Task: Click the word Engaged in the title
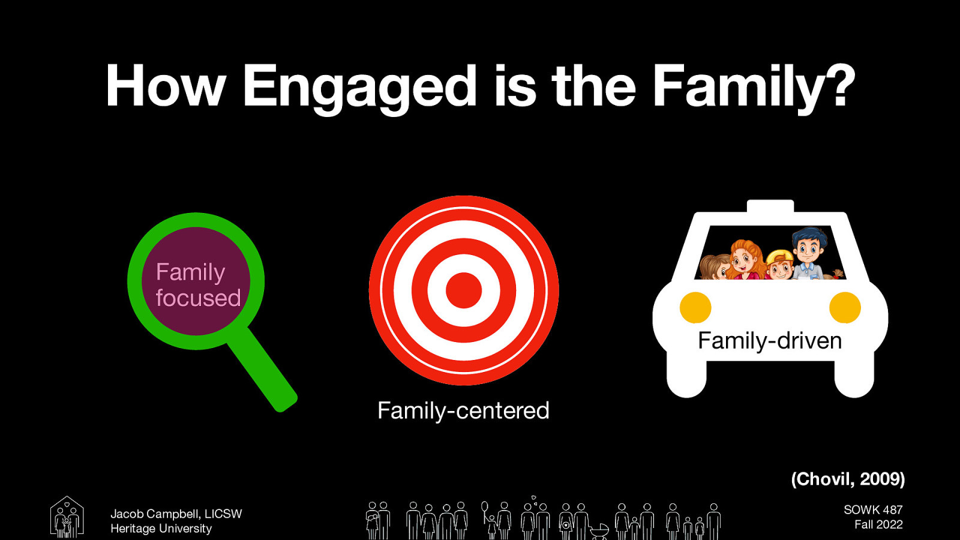(x=358, y=88)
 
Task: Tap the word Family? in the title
(x=753, y=88)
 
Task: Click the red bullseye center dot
(x=464, y=290)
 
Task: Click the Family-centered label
(x=463, y=411)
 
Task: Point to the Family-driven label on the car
(x=770, y=341)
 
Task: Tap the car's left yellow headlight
(x=695, y=307)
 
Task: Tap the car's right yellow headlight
(x=845, y=307)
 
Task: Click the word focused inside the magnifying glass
(x=198, y=298)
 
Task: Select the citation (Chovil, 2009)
(x=847, y=479)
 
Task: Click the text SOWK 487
(x=873, y=509)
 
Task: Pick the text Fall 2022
(x=878, y=524)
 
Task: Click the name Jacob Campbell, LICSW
(x=176, y=514)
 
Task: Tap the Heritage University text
(x=161, y=529)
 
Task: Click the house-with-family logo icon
(x=67, y=517)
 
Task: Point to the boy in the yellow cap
(x=779, y=265)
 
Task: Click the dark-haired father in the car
(x=808, y=252)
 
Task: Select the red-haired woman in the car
(x=745, y=260)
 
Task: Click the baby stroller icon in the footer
(x=599, y=530)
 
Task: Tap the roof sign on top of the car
(x=770, y=206)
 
